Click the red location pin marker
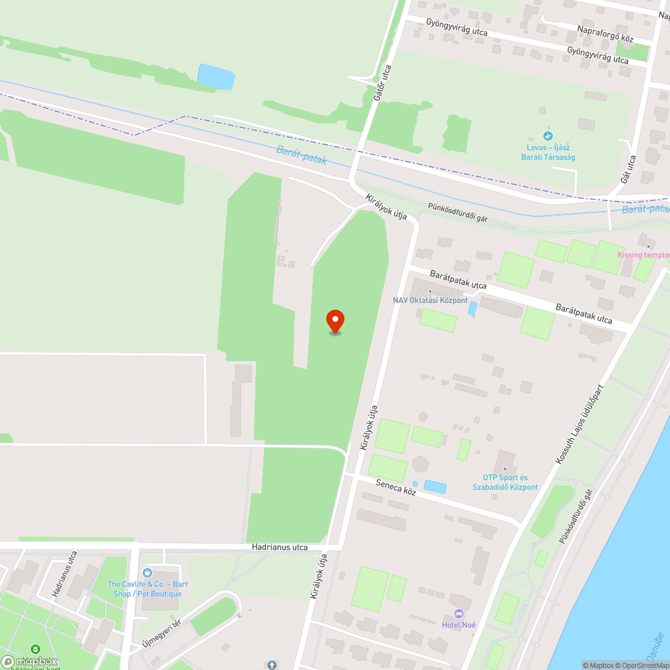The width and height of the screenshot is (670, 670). click(334, 320)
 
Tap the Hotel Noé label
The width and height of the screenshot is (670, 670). click(458, 625)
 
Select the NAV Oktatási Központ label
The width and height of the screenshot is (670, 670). click(430, 300)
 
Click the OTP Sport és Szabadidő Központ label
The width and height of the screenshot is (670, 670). click(505, 482)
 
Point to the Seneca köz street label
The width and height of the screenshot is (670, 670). click(396, 487)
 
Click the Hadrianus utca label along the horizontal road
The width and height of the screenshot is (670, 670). click(280, 547)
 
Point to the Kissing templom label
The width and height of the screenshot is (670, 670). click(643, 255)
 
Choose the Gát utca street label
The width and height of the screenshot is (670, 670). click(628, 170)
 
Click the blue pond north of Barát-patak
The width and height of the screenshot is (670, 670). click(216, 76)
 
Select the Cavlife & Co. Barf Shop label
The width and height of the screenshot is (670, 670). click(147, 589)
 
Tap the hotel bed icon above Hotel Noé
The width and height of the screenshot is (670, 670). click(459, 614)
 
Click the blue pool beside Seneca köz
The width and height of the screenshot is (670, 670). click(435, 487)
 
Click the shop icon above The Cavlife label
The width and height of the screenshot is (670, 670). click(148, 573)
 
